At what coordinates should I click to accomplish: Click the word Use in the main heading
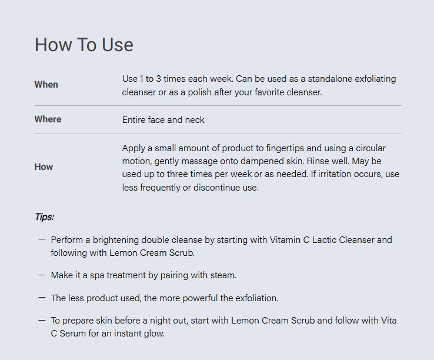pyautogui.click(x=118, y=45)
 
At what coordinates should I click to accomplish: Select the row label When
pyautogui.click(x=46, y=85)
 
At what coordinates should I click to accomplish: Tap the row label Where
pyautogui.click(x=48, y=119)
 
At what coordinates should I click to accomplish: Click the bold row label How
pyautogui.click(x=44, y=166)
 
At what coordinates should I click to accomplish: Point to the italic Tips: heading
pyautogui.click(x=44, y=217)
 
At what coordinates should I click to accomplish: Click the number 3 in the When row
pyautogui.click(x=158, y=79)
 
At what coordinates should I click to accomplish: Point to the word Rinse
pyautogui.click(x=318, y=161)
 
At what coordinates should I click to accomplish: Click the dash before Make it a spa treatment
pyautogui.click(x=42, y=275)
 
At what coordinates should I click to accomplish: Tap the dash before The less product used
pyautogui.click(x=42, y=298)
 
